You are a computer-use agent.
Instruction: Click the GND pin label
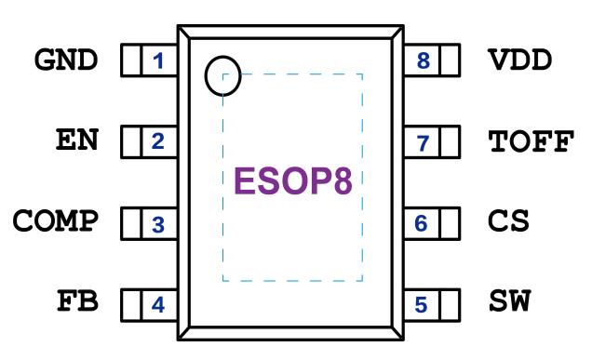[x=66, y=60]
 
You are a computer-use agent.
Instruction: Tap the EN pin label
[x=77, y=140]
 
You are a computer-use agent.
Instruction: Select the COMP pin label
[x=56, y=220]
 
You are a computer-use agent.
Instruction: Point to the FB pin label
[x=78, y=300]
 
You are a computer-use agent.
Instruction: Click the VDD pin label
[x=520, y=60]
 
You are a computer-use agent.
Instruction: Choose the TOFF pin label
[x=531, y=141]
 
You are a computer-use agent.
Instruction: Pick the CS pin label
[x=508, y=220]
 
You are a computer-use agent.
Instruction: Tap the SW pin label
[x=510, y=300]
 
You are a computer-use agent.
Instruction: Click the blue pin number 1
[x=158, y=60]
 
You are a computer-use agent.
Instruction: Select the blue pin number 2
[x=158, y=141]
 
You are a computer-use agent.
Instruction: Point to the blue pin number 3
[x=158, y=225]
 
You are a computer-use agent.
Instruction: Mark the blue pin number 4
[x=158, y=305]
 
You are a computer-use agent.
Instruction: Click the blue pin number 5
[x=421, y=305]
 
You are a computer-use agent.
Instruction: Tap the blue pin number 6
[x=421, y=223]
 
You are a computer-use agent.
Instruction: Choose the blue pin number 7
[x=423, y=143]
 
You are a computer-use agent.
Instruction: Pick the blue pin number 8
[x=424, y=60]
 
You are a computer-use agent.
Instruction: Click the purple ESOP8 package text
[x=293, y=181]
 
